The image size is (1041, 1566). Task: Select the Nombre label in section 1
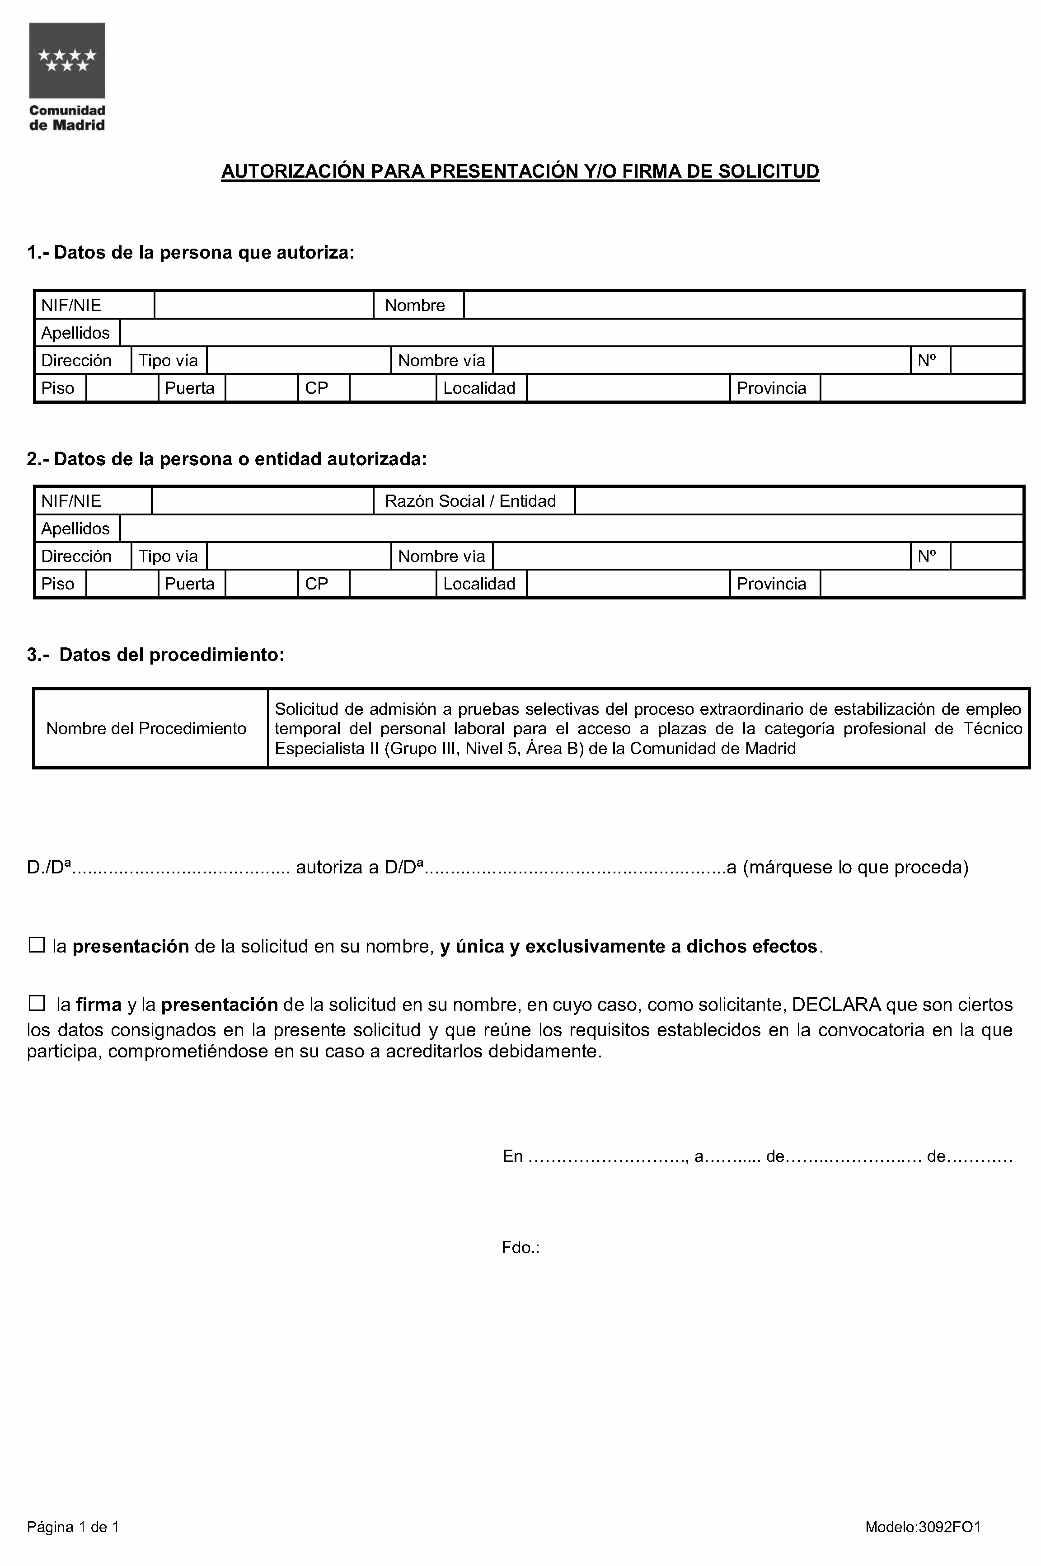click(x=415, y=306)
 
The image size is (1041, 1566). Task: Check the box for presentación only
click(x=37, y=945)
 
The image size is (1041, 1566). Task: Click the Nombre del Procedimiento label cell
click(x=146, y=729)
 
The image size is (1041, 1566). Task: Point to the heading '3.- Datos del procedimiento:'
click(x=156, y=655)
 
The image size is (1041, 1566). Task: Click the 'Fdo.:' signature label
click(x=520, y=1248)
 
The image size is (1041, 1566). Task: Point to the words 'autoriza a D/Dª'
click(x=359, y=868)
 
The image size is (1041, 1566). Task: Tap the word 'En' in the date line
click(x=512, y=1156)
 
